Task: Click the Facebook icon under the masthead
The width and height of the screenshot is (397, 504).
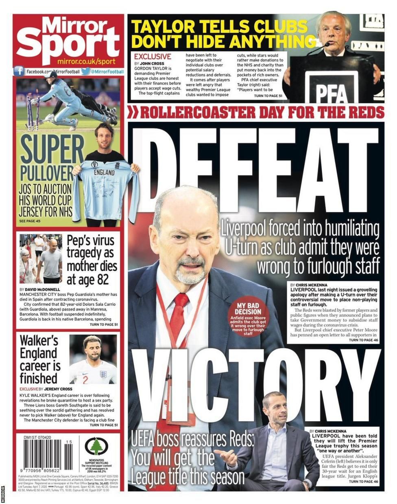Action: click(x=19, y=71)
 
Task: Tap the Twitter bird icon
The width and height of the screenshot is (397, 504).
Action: click(x=86, y=71)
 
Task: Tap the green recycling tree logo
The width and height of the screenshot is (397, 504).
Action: click(x=96, y=446)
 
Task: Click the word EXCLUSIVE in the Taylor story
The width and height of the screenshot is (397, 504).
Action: click(x=153, y=57)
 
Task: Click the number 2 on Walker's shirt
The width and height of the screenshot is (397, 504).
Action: click(x=85, y=380)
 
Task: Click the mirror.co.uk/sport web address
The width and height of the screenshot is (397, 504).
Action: click(x=86, y=61)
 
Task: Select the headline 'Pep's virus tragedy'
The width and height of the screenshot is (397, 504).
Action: click(x=92, y=260)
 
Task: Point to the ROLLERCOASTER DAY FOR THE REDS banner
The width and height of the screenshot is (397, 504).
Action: click(x=256, y=112)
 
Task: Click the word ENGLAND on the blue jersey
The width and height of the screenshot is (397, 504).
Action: click(x=105, y=172)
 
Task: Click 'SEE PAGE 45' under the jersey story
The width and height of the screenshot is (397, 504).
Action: click(x=30, y=221)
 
